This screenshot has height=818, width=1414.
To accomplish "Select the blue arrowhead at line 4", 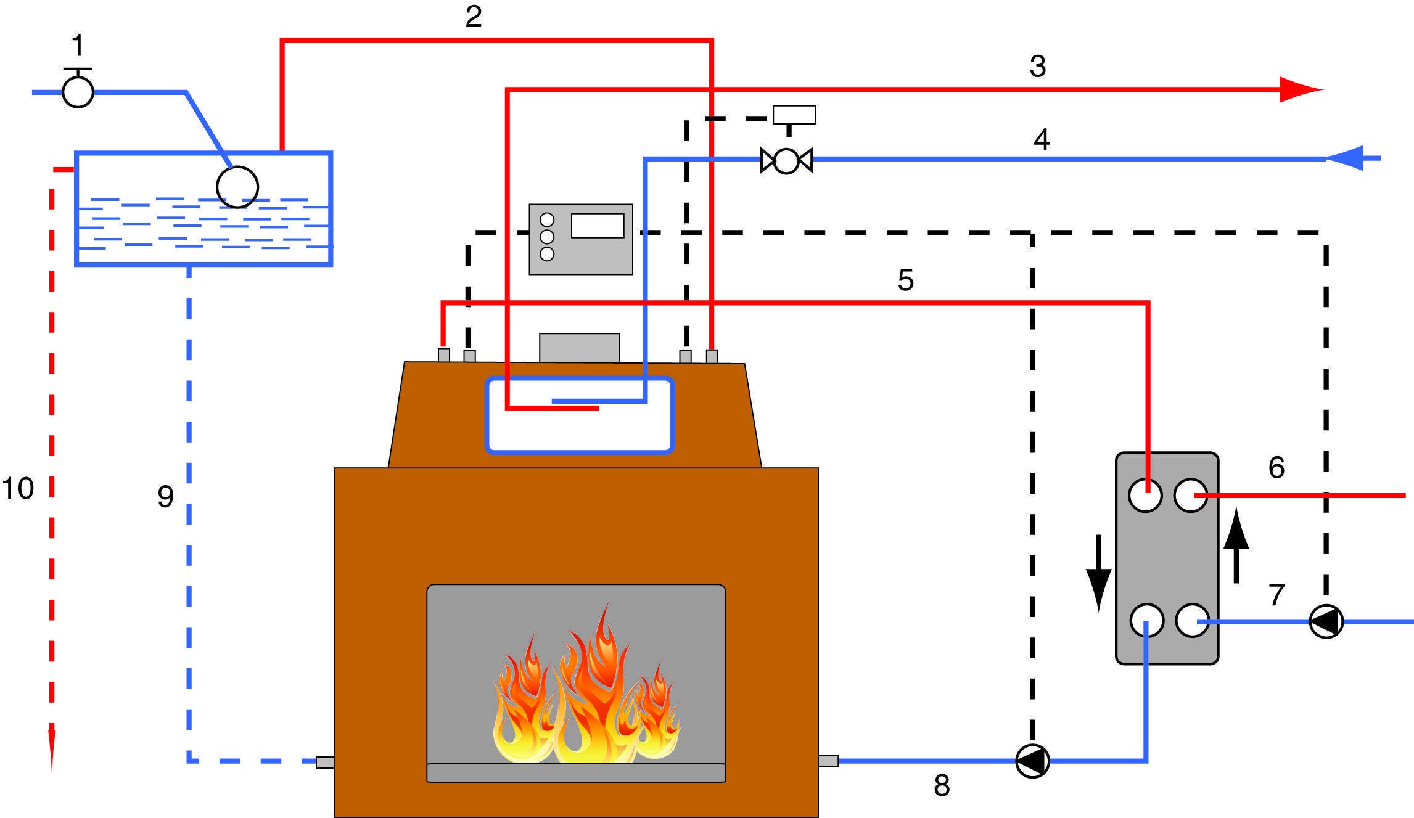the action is [x=1344, y=159].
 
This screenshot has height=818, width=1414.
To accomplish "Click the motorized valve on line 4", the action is [x=786, y=160].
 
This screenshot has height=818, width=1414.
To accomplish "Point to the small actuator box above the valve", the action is [x=794, y=115].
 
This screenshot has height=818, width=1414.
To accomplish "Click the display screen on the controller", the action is [x=598, y=226].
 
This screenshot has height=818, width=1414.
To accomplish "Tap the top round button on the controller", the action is [x=547, y=220].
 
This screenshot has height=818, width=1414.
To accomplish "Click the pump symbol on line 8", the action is [x=1032, y=761].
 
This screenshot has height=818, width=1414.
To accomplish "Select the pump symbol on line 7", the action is [x=1326, y=621].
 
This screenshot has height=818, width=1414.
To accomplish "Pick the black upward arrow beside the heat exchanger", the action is [x=1236, y=545].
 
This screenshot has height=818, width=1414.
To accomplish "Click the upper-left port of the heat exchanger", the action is [x=1145, y=496].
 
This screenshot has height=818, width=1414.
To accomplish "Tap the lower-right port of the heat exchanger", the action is [x=1192, y=620].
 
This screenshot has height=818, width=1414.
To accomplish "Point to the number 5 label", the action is [x=905, y=280].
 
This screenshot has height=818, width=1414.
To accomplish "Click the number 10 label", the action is [x=18, y=489].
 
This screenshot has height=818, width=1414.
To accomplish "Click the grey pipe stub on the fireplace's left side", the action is [x=325, y=762].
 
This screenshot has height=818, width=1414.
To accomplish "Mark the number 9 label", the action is [x=165, y=497].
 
